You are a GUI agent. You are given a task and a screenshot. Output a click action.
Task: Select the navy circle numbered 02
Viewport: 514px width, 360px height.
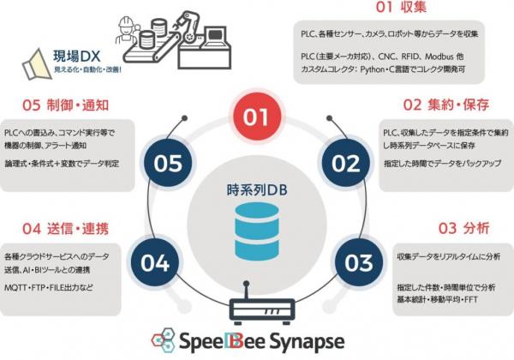click(347, 162)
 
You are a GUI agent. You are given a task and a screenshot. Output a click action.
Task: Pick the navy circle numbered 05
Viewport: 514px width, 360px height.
click(165, 162)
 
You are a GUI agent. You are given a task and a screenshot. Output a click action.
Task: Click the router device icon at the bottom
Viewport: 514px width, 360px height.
click(257, 307)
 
